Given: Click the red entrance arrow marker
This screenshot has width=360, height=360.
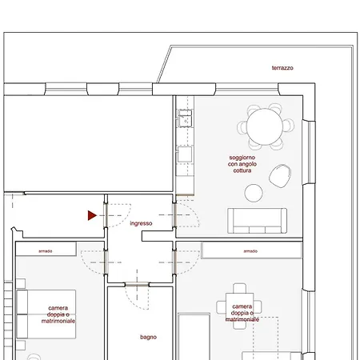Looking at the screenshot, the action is (x=92, y=215).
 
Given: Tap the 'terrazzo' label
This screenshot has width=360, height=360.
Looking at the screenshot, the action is (x=282, y=68).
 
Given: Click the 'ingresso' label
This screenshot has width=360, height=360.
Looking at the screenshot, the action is (x=141, y=223).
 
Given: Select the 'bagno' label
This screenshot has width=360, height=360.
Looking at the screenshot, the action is (x=148, y=337).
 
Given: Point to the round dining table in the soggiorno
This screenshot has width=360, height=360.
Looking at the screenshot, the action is (x=265, y=126).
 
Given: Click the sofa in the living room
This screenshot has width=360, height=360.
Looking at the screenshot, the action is (x=258, y=221).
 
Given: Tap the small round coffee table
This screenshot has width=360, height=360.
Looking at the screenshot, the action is (x=254, y=193).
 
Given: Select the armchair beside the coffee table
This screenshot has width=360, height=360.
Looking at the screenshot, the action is (x=280, y=176).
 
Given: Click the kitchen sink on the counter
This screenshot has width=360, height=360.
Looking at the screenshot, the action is (x=185, y=118).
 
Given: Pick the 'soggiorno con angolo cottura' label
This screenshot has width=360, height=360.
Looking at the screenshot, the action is (x=242, y=164).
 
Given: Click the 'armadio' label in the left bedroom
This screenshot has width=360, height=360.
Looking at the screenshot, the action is (x=46, y=251).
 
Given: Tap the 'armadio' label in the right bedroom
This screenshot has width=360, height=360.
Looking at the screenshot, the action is (x=250, y=251).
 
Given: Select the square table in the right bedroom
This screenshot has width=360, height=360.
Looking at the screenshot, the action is (x=240, y=306).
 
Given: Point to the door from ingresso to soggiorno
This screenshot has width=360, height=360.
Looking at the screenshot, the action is (x=174, y=215).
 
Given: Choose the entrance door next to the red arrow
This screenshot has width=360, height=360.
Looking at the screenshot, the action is (x=106, y=215).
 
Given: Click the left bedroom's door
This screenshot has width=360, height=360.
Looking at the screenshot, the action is (x=106, y=262).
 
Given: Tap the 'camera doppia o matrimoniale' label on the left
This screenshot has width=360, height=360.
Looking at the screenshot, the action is (x=58, y=314).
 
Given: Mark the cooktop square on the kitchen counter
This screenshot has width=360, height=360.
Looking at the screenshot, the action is (x=185, y=154).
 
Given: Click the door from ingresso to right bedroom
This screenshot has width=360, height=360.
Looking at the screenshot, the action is (x=174, y=262).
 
